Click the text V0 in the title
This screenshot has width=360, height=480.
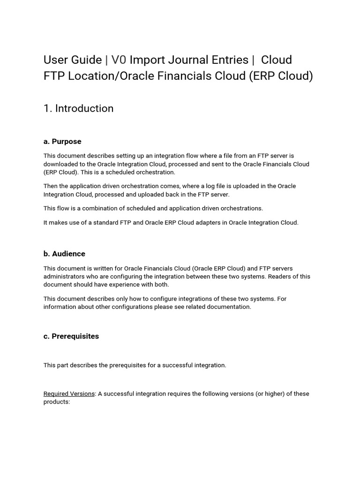click(x=119, y=60)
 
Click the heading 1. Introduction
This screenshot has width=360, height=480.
click(x=78, y=108)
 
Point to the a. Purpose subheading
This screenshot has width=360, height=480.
click(x=62, y=141)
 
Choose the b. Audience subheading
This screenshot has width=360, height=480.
click(x=64, y=254)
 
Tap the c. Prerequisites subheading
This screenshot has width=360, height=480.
click(x=71, y=336)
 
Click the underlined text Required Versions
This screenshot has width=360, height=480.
click(x=69, y=394)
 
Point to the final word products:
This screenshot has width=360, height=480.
click(x=57, y=402)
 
